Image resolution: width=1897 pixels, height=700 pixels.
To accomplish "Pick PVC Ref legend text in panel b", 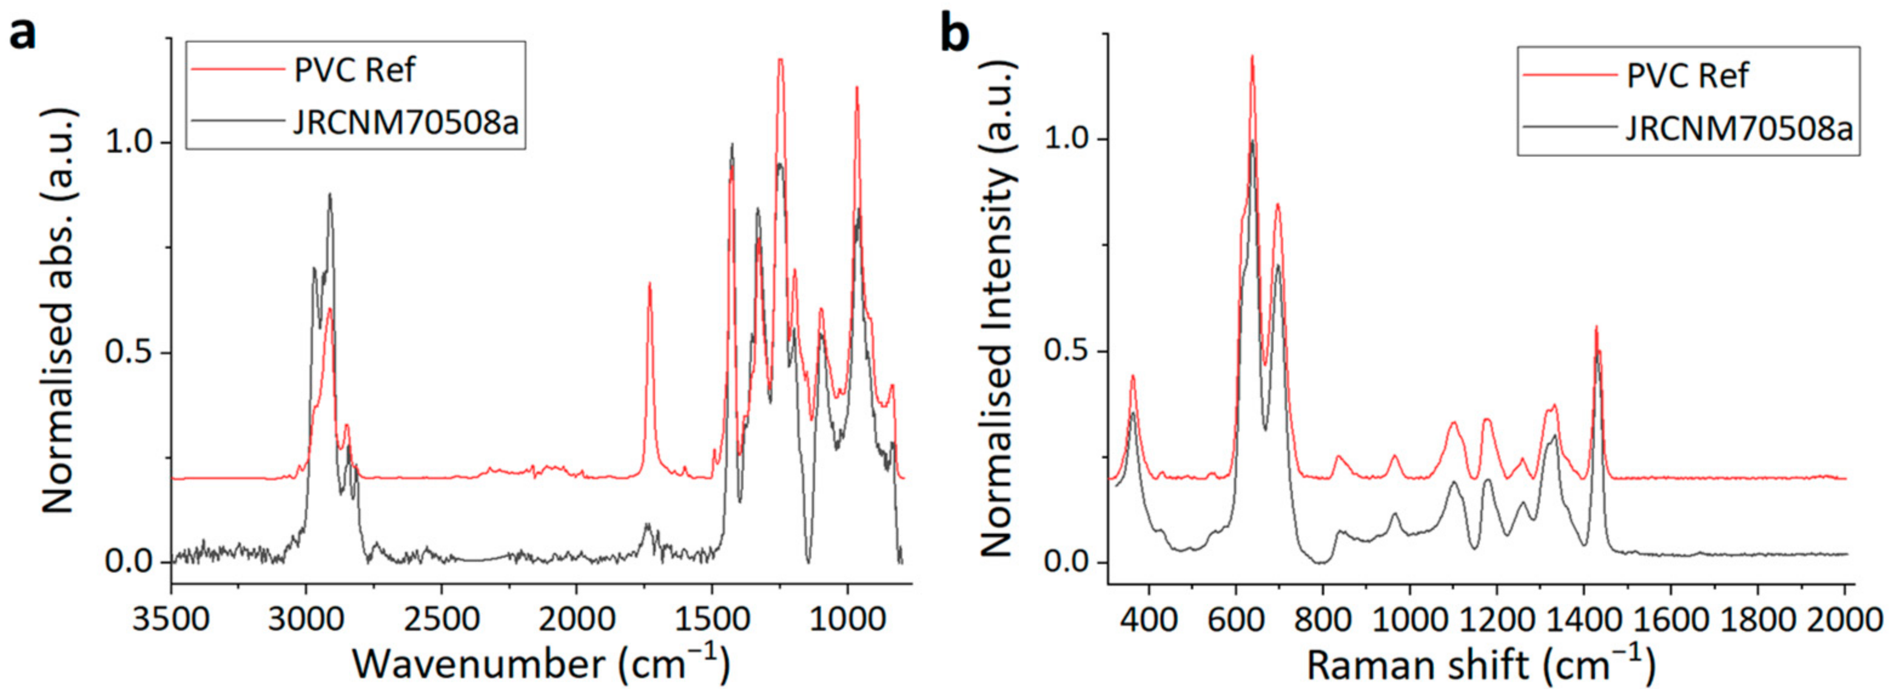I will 1687,75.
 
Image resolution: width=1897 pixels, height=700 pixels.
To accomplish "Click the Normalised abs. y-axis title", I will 59,309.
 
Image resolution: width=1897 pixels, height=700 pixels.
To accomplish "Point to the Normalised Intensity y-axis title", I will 998,309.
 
